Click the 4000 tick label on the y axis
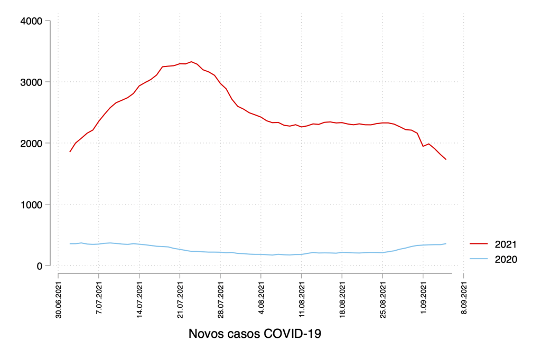tap(31, 21)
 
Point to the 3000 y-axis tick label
tap(31, 82)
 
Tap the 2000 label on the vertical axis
tap(31, 144)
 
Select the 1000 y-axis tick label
tap(31, 205)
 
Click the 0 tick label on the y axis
tap(39, 266)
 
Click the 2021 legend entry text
tap(506, 244)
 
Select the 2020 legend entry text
tap(506, 259)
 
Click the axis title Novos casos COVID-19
tap(255, 334)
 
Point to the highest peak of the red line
tap(191, 62)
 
